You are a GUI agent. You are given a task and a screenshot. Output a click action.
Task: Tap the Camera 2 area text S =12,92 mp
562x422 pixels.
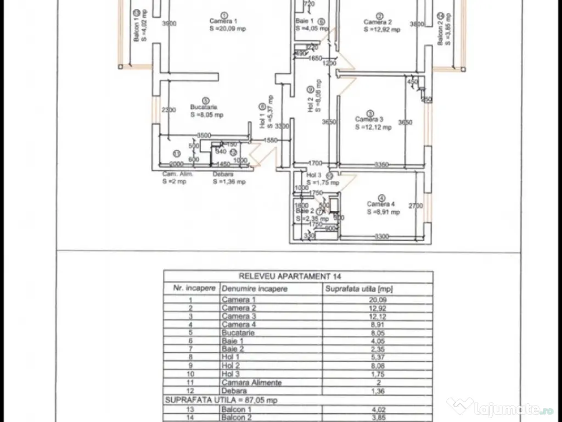coord(382,29)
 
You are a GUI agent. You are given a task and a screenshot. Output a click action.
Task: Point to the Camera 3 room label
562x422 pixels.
coord(369,119)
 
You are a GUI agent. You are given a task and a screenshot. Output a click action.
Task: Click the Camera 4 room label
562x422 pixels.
coord(381,204)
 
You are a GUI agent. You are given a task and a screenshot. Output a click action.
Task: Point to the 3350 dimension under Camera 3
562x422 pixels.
coord(381,164)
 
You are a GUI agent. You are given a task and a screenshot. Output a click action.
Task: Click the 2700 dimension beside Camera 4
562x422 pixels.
coord(415,206)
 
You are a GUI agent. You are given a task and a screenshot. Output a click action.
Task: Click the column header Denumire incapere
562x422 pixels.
coord(254,288)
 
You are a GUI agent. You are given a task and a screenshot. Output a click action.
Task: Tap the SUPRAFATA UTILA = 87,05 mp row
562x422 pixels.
coord(222,400)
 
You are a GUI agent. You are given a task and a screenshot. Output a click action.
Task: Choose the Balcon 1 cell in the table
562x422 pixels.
coord(237,408)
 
